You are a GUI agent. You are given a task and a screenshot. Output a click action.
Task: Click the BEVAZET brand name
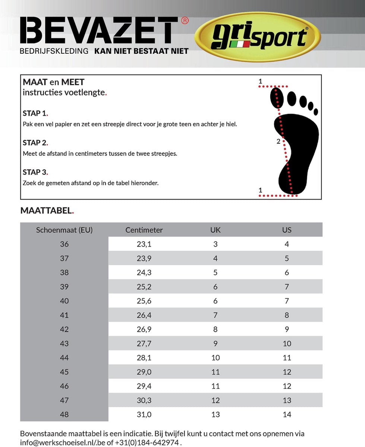point(99,31)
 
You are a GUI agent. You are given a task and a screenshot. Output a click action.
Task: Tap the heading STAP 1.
point(35,113)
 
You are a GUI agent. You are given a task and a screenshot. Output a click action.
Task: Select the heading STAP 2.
point(35,143)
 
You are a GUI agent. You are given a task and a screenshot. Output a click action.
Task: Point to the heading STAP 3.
point(35,172)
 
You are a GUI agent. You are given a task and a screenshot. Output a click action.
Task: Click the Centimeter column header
point(144,230)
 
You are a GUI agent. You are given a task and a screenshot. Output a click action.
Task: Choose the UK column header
point(215,230)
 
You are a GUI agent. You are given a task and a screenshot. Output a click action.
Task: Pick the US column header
point(287,230)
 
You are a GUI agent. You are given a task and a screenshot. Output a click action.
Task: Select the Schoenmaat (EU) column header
point(64,230)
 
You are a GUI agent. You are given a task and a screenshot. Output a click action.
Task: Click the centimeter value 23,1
point(144,244)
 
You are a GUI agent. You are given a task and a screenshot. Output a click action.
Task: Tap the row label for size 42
point(64,329)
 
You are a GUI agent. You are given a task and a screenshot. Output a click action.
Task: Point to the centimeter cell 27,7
point(144,343)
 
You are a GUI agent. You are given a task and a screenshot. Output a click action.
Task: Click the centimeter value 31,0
point(144,415)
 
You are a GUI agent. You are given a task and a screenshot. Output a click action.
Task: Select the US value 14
point(287,415)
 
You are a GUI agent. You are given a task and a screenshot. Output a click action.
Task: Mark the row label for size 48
point(64,415)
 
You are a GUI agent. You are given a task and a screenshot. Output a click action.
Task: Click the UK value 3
point(215,244)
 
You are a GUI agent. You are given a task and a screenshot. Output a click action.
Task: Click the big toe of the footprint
point(277,98)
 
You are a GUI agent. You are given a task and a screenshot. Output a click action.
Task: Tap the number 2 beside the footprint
point(278,142)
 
